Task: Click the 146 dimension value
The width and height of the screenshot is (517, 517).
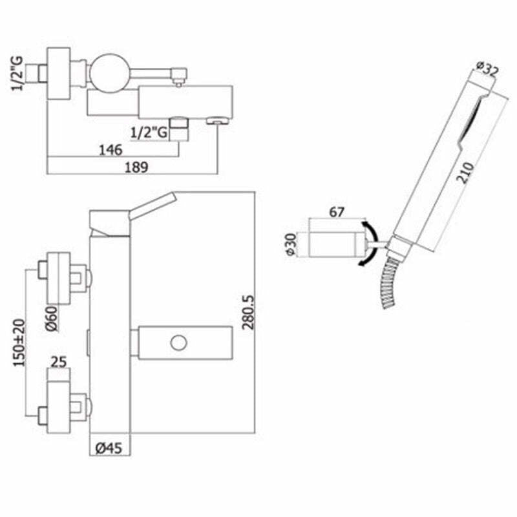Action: point(111,150)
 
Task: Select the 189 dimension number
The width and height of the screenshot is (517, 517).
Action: point(136,167)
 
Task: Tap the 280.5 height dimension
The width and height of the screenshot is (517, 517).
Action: point(249,312)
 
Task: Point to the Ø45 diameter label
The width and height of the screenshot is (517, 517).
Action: point(109,448)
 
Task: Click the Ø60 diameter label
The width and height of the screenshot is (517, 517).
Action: point(52,318)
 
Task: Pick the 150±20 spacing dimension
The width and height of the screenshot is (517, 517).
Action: point(19,343)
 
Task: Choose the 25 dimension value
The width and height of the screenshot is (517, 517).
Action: point(59,362)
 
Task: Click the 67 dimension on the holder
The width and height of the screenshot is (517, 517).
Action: point(337,212)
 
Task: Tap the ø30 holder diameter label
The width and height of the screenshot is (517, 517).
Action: point(291,244)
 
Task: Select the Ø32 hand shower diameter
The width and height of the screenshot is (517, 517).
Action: point(487,70)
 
